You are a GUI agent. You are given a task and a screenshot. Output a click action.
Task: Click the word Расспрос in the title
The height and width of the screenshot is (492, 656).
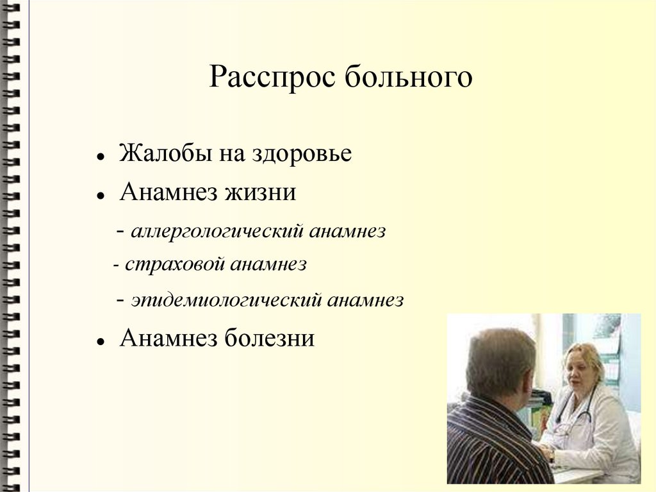273,78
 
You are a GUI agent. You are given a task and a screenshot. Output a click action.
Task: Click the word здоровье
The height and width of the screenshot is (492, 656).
301,155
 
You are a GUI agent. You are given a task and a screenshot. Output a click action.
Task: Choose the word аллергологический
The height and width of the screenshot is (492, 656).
217,232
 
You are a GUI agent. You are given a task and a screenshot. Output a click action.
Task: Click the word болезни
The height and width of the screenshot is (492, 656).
269,338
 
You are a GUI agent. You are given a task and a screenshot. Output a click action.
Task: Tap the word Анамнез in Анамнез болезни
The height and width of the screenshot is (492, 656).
168,338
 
